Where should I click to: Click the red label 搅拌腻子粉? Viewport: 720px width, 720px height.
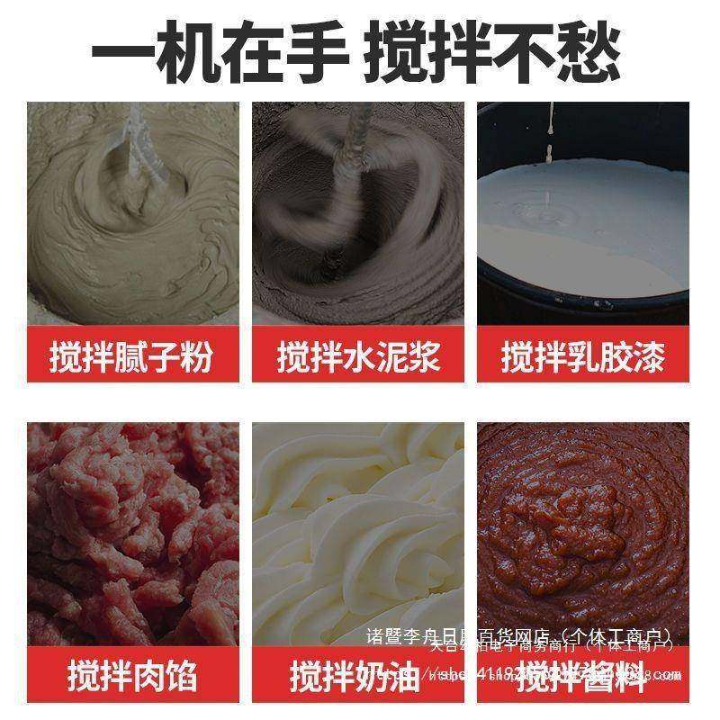click(132, 357)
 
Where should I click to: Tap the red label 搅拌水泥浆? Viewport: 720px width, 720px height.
click(358, 357)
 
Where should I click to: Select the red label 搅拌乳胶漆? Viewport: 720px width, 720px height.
click(583, 357)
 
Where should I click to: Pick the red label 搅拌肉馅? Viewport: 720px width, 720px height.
click(132, 674)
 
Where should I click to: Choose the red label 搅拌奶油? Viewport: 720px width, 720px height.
click(358, 674)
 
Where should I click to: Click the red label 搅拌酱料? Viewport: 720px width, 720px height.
click(583, 674)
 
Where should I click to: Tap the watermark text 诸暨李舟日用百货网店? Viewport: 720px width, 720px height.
click(459, 636)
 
